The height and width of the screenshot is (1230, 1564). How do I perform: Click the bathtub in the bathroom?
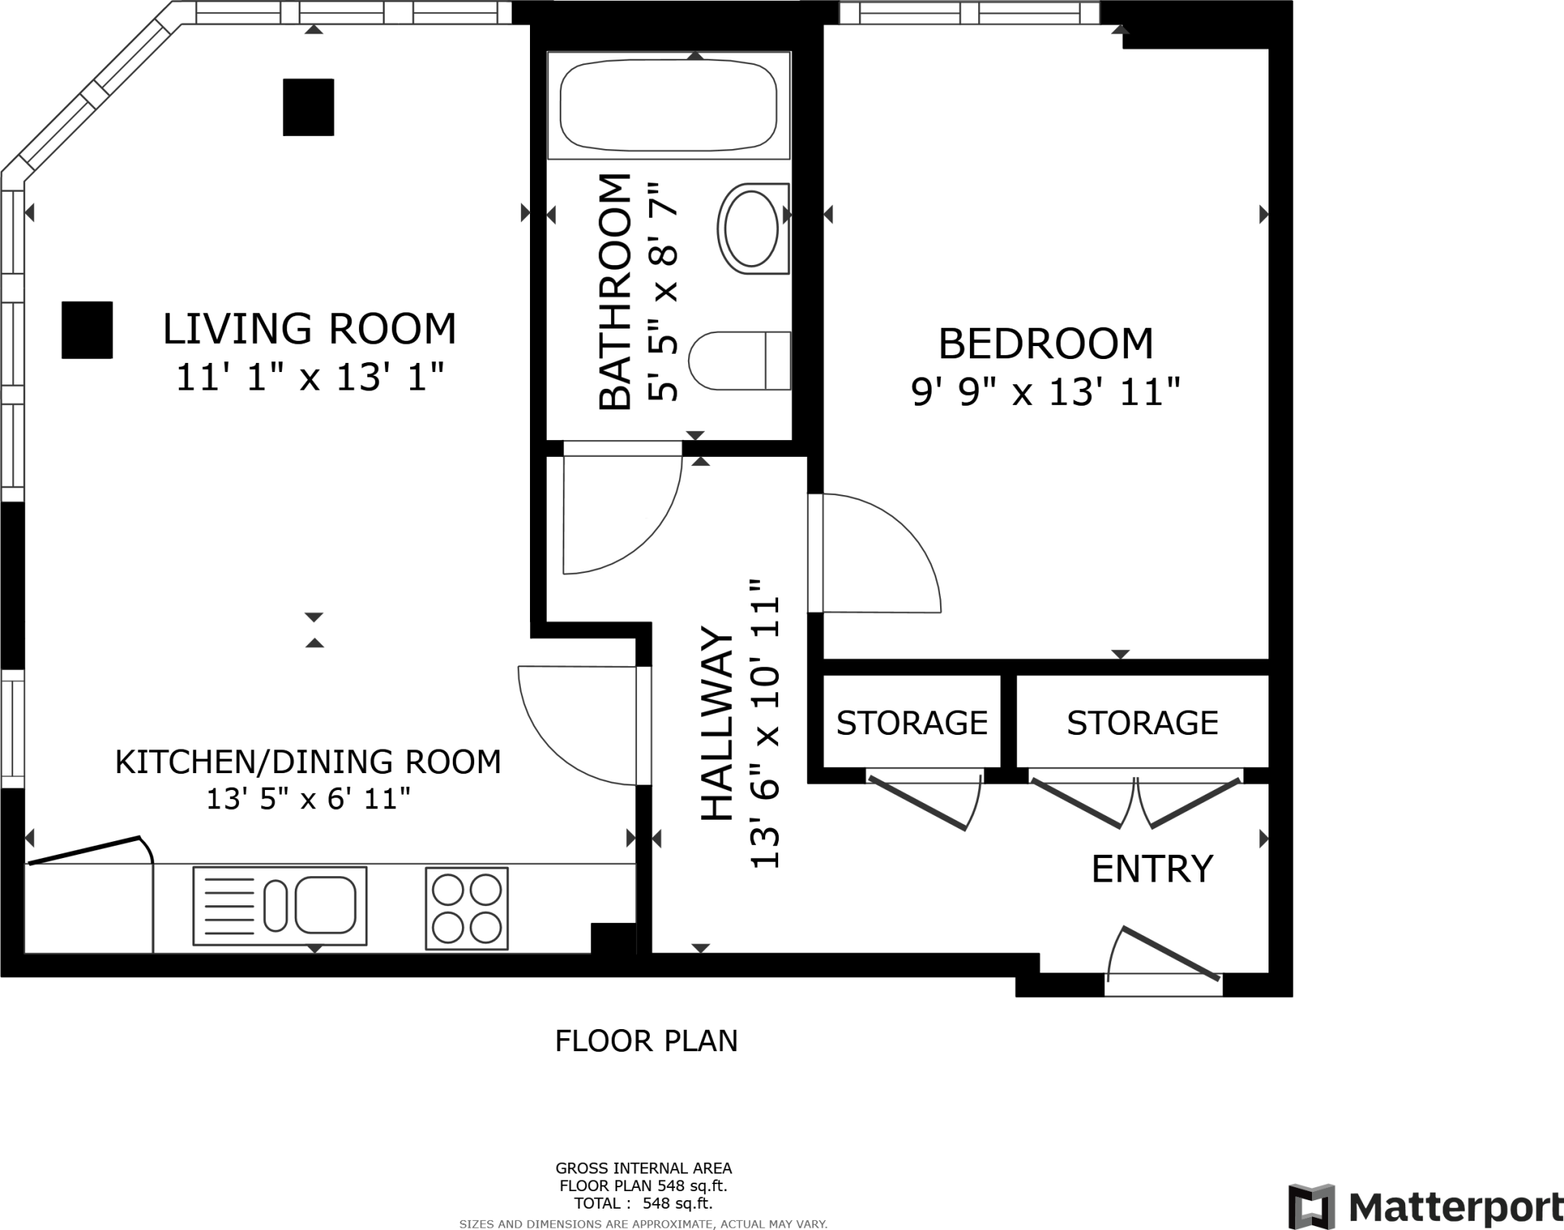668,105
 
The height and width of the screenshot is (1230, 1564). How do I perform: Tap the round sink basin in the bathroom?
752,228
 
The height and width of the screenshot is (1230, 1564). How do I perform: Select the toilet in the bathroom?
739,361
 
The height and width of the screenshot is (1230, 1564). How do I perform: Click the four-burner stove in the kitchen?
467,908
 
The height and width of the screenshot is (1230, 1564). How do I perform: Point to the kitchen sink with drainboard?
280,905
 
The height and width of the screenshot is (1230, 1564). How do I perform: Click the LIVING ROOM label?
309,329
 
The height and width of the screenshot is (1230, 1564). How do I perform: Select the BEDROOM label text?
1045,344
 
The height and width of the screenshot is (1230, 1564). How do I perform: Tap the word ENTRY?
1152,869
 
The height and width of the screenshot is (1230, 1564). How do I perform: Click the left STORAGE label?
912,723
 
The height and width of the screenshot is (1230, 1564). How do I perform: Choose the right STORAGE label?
1142,723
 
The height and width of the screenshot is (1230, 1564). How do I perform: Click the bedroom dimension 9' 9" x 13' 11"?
1046,393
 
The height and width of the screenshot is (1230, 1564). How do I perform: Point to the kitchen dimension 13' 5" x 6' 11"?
309,799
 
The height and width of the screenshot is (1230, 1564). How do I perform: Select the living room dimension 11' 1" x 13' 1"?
310,377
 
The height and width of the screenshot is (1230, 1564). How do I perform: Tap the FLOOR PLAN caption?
646,1041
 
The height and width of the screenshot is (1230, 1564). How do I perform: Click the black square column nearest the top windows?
309,108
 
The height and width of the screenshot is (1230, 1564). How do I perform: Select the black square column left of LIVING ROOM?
87,330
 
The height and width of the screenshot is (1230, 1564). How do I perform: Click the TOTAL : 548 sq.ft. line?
643,1203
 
